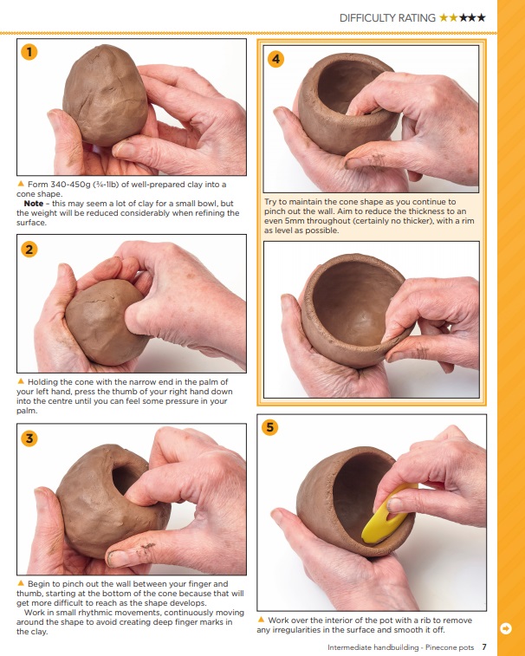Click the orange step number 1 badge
tap(29, 52)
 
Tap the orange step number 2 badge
tap(29, 250)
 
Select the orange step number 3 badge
tap(29, 438)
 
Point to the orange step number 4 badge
tap(276, 59)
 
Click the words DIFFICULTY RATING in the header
tap(387, 16)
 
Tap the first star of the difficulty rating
tap(444, 16)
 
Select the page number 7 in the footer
tap(484, 646)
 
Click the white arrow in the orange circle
tap(505, 627)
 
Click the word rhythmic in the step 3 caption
tap(94, 613)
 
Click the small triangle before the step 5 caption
tap(262, 620)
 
